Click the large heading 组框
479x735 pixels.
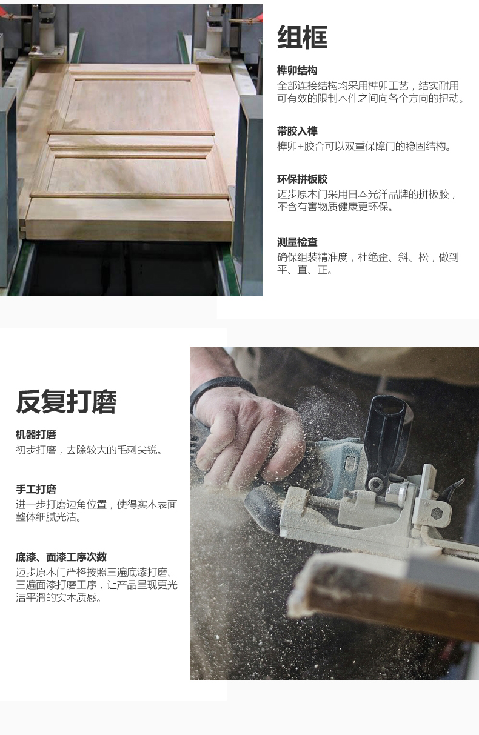pyautogui.click(x=302, y=38)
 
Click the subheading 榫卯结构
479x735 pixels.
pyautogui.click(x=297, y=71)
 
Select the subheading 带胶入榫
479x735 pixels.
pyautogui.click(x=297, y=131)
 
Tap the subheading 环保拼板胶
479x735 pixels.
pyautogui.click(x=302, y=179)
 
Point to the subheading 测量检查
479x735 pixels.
pyautogui.click(x=297, y=242)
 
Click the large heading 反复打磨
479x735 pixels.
pyautogui.click(x=66, y=402)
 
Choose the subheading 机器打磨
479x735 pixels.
pyautogui.click(x=36, y=435)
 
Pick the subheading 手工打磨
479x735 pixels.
pyautogui.click(x=36, y=490)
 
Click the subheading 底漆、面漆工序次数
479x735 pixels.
pyautogui.click(x=61, y=557)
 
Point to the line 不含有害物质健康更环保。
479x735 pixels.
pyautogui.click(x=335, y=207)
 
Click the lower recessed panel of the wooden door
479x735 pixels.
pyautogui.click(x=129, y=174)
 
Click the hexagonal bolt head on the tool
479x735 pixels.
pyautogui.click(x=437, y=513)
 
